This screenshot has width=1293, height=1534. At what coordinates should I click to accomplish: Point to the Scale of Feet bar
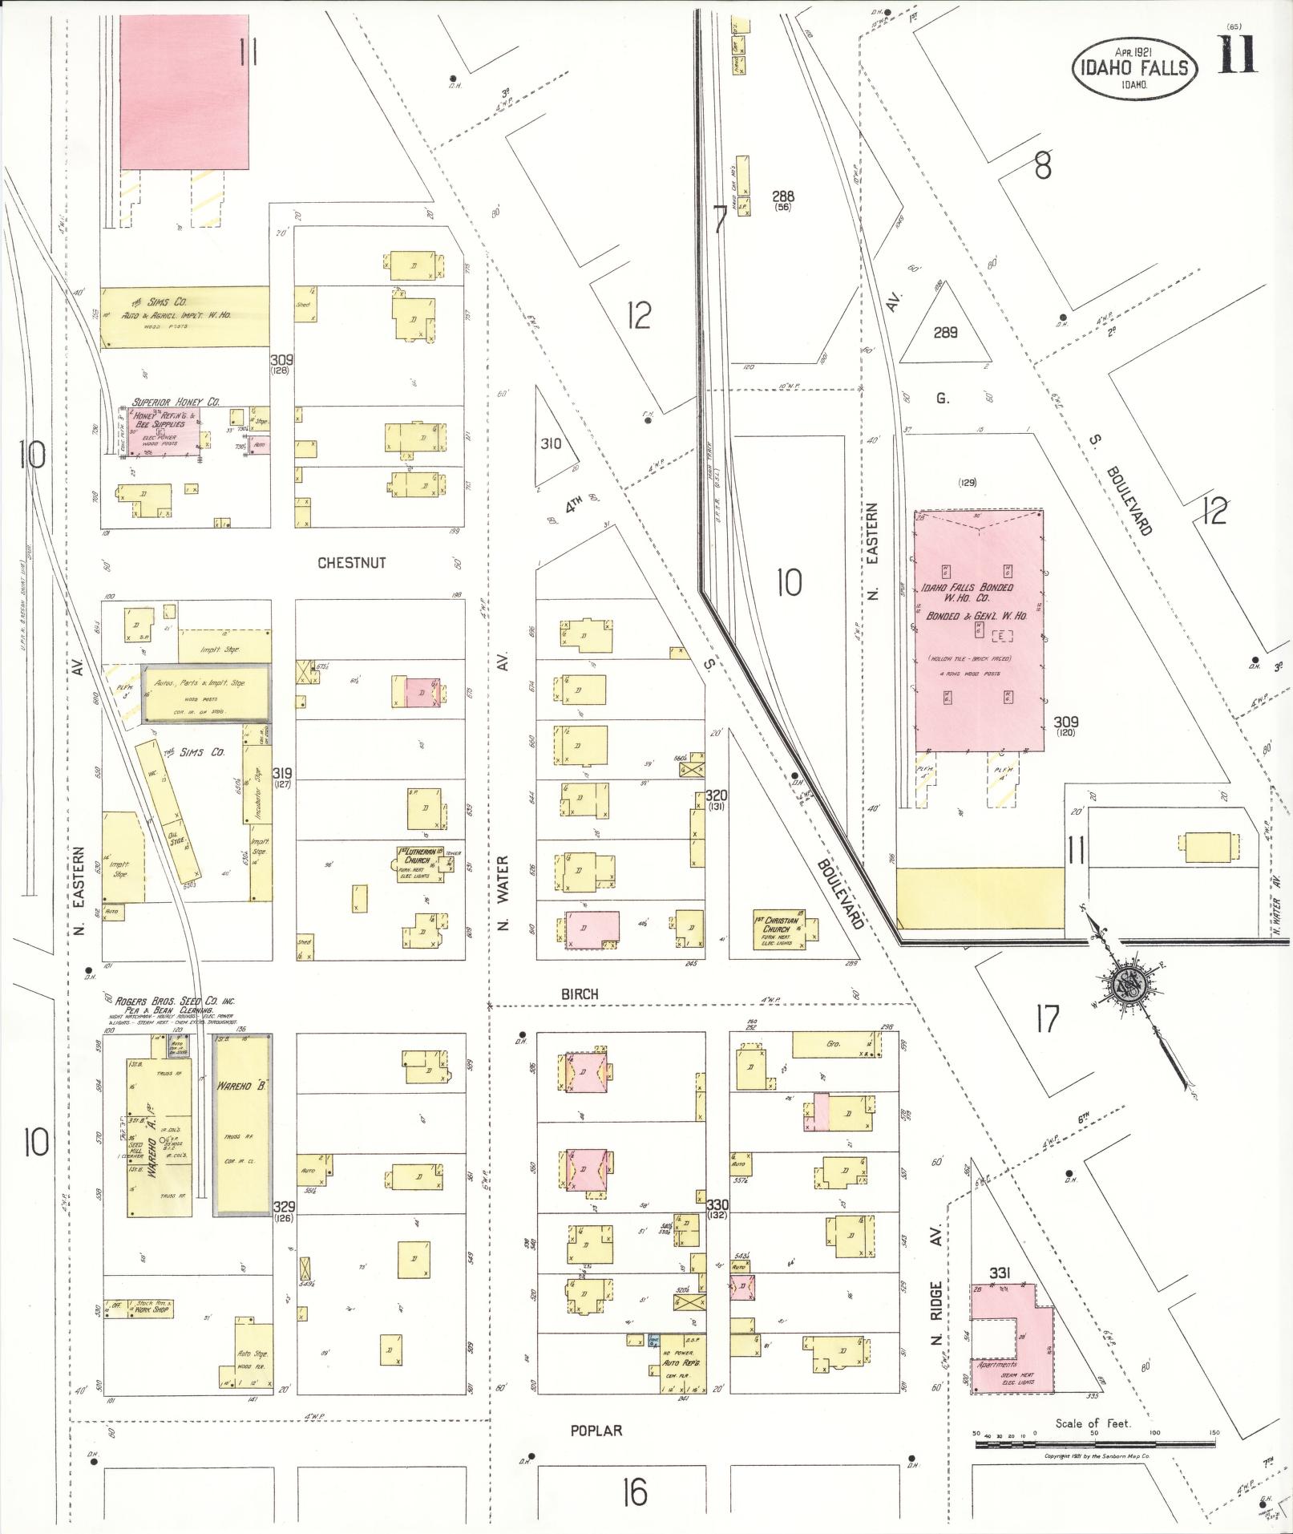point(1095,1443)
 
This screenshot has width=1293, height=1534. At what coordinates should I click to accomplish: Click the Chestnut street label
point(351,563)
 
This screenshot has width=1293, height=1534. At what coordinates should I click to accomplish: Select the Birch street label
point(580,994)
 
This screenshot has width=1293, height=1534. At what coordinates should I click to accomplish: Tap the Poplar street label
point(596,1431)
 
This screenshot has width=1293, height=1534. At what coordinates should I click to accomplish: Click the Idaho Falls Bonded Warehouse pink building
point(979,629)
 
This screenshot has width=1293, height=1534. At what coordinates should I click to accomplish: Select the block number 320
point(717,795)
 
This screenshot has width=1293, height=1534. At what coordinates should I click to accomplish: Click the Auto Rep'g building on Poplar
point(683,1366)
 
